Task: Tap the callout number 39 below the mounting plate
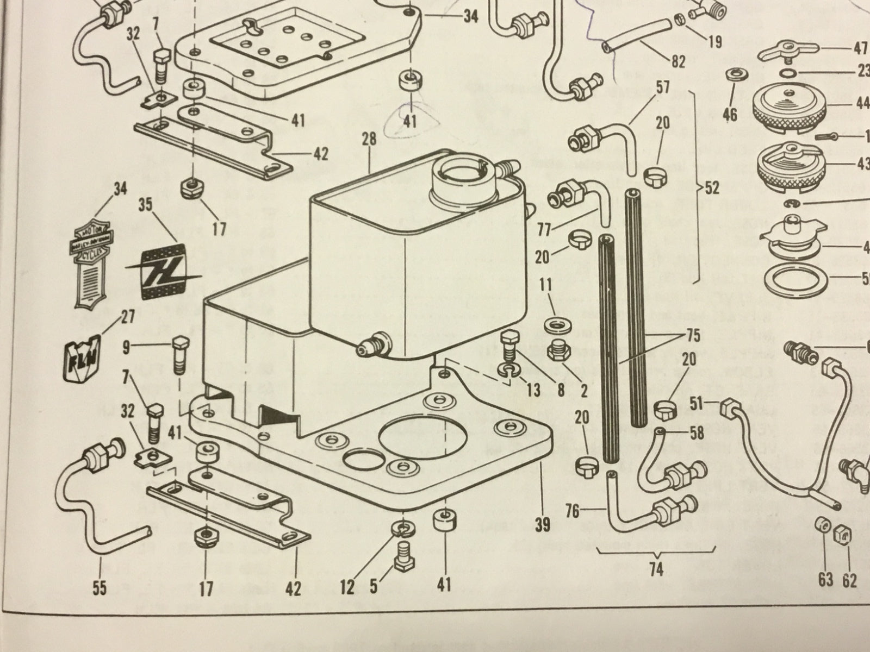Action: click(x=543, y=524)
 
